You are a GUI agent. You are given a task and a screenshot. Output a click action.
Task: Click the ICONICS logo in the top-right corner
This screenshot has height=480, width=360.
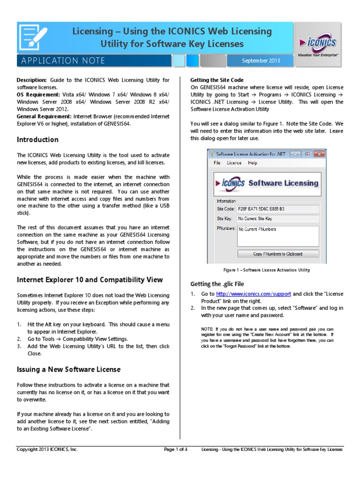(317, 45)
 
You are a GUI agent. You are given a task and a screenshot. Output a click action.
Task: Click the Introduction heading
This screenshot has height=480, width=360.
(38, 140)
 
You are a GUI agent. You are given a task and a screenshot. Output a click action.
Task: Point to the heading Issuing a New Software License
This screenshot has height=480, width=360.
(69, 369)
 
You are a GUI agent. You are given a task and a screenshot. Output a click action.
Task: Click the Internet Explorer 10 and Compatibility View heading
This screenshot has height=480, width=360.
(90, 280)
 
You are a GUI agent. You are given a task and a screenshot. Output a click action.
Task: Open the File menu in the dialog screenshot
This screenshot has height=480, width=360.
(217, 163)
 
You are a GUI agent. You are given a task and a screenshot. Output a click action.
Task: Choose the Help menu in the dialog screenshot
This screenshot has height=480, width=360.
(253, 163)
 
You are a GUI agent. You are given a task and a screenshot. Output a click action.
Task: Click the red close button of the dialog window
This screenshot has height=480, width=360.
(319, 154)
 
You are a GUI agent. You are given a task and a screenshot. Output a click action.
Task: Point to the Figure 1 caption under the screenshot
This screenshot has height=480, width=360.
(266, 270)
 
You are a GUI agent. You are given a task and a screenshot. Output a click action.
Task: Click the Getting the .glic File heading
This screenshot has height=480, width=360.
(217, 284)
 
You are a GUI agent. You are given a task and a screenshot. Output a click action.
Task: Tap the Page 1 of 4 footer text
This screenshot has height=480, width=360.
(176, 449)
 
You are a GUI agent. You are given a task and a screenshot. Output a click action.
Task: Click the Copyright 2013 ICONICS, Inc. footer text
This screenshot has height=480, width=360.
(47, 449)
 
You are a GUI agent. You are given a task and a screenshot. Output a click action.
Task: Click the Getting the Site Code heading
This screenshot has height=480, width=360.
(217, 80)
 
